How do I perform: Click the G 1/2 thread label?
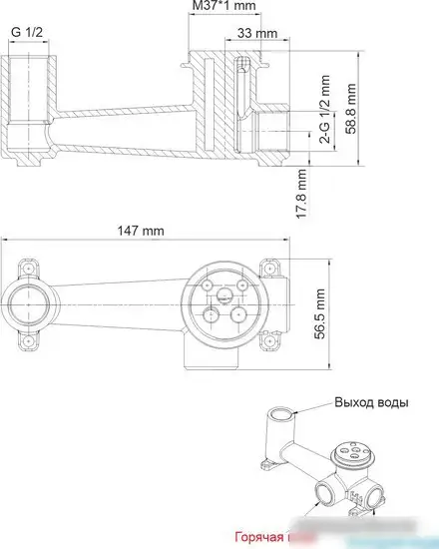(x=26, y=32)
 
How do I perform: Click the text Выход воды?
(x=372, y=402)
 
